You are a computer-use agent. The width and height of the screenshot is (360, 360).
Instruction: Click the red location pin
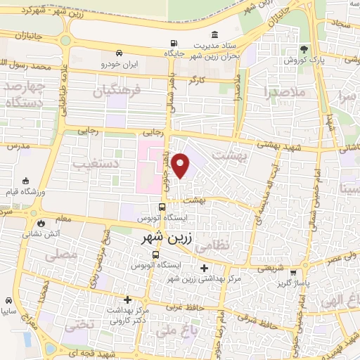pos(181,166)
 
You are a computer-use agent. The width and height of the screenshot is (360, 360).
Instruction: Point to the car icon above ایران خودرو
pos(119,53)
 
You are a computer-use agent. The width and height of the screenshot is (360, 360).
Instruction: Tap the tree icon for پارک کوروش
pos(303,49)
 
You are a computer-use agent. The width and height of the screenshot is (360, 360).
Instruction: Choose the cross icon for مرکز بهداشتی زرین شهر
pos(204,268)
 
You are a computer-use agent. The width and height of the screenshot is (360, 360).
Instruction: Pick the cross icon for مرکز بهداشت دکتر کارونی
pos(127,300)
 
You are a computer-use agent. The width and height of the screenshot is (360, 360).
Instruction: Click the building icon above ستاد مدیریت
pos(214,35)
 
